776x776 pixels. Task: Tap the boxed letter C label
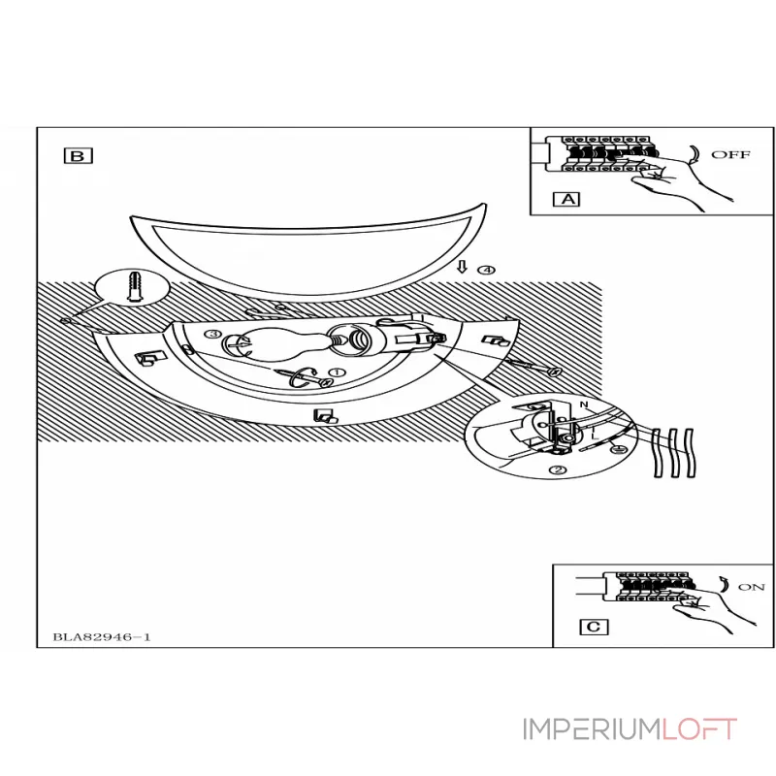click(593, 627)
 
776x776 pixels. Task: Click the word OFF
click(730, 154)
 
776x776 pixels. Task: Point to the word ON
click(751, 587)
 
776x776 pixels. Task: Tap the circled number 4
click(486, 269)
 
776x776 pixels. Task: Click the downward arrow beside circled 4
click(463, 268)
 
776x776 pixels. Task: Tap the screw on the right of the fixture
click(533, 367)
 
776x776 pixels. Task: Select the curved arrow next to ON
click(723, 585)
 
